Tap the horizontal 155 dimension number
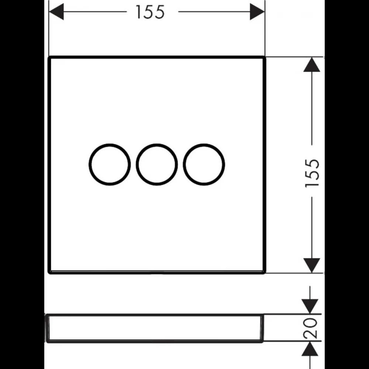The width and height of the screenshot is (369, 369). [150, 12]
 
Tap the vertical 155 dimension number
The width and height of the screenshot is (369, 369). [312, 173]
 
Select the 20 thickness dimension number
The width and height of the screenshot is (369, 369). [310, 328]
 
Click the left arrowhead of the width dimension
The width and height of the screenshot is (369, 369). [56, 11]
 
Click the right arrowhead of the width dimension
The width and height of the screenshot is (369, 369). [257, 11]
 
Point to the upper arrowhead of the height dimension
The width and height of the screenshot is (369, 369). [312, 65]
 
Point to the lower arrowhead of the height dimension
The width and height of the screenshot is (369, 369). [312, 265]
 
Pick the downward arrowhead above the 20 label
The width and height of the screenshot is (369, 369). [310, 306]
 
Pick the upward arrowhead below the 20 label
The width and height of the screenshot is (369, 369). [310, 349]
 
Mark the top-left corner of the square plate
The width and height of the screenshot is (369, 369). [49, 57]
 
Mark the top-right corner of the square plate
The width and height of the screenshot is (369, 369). [265, 57]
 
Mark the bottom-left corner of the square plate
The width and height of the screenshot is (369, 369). [49, 273]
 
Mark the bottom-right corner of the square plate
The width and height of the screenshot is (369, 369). [265, 273]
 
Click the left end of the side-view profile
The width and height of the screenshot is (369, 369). [46, 328]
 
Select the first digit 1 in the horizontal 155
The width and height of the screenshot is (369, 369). [138, 12]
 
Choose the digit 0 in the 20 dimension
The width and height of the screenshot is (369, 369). [310, 323]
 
